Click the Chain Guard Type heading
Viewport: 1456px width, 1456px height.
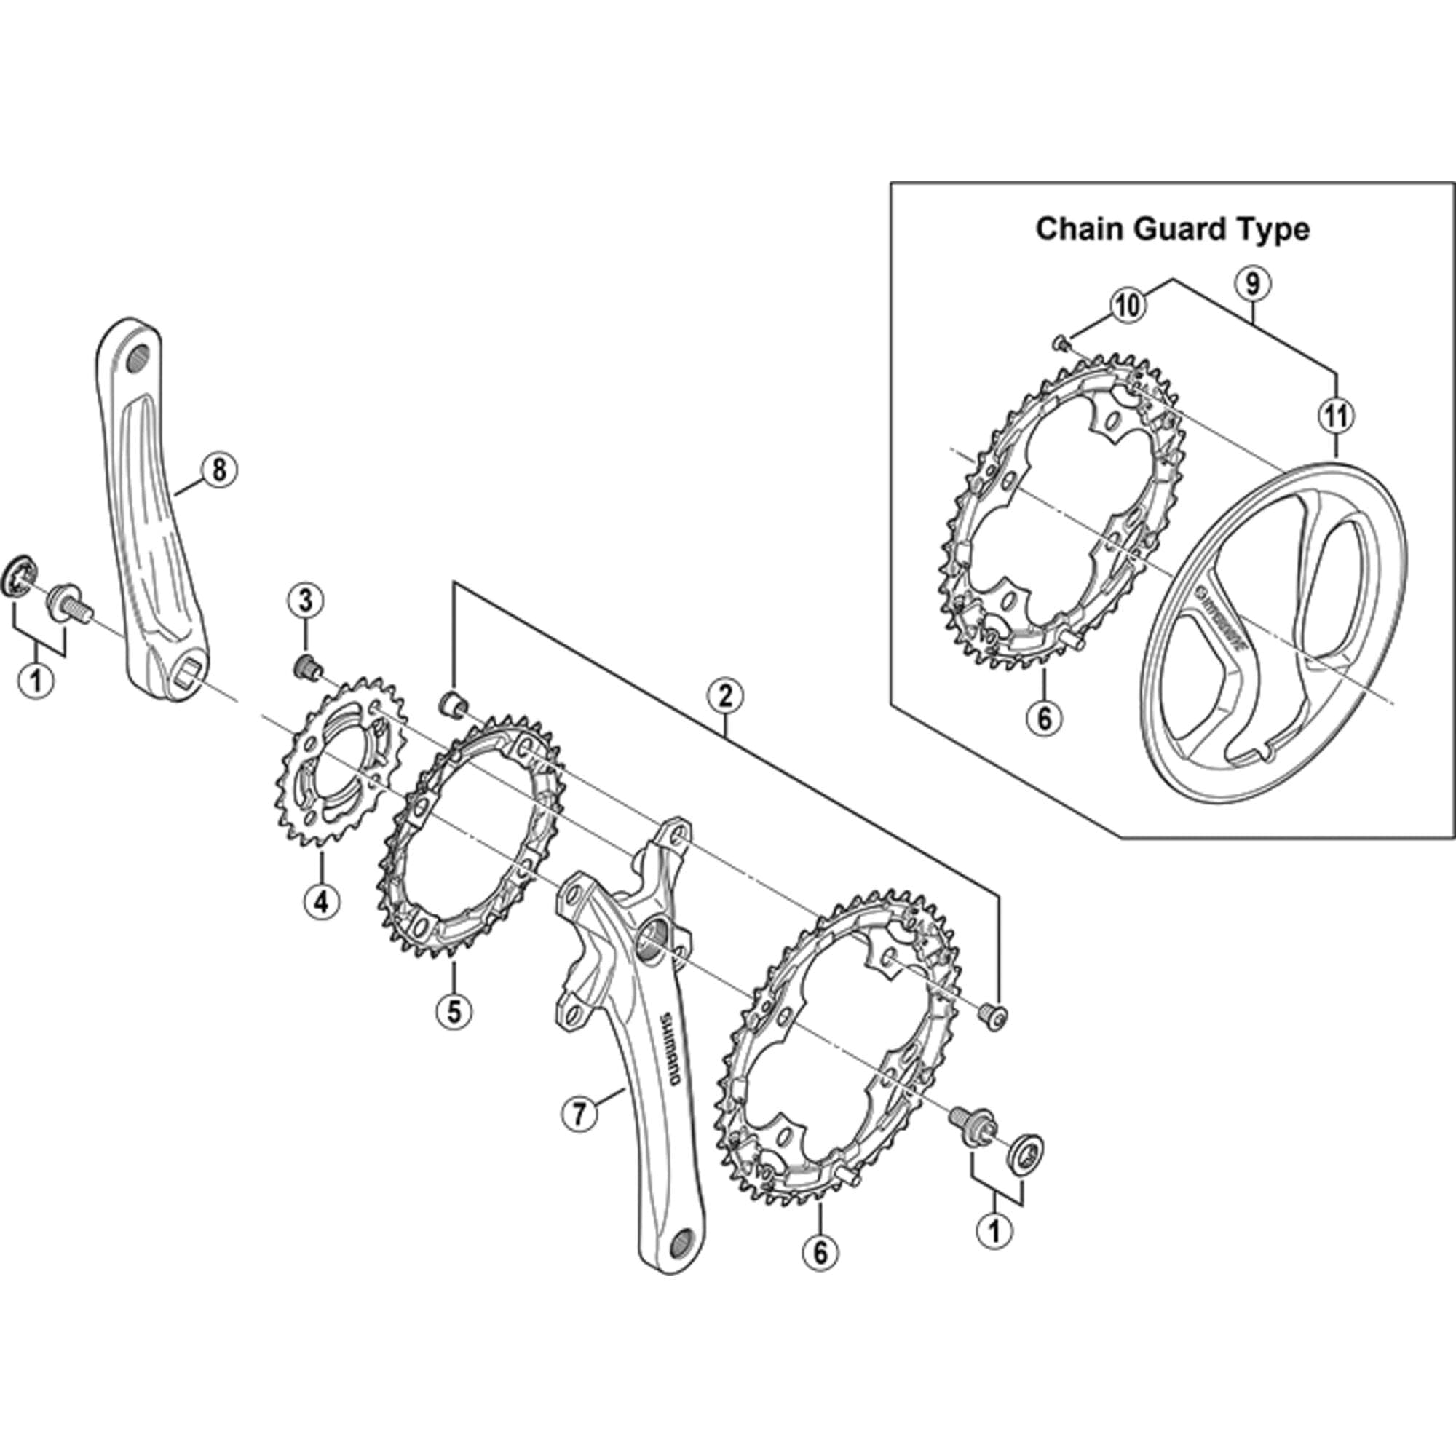point(1172,229)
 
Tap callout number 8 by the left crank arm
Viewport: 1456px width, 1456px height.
point(218,470)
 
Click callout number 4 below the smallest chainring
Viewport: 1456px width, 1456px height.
point(322,900)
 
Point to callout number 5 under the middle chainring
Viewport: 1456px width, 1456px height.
point(454,1010)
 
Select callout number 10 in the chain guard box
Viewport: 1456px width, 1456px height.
point(1128,305)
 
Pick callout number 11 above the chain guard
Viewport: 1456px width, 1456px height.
point(1335,415)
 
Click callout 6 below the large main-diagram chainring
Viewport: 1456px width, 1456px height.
point(820,1251)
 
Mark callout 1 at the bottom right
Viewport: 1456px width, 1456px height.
point(994,1230)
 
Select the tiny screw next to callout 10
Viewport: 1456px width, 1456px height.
point(1059,344)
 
